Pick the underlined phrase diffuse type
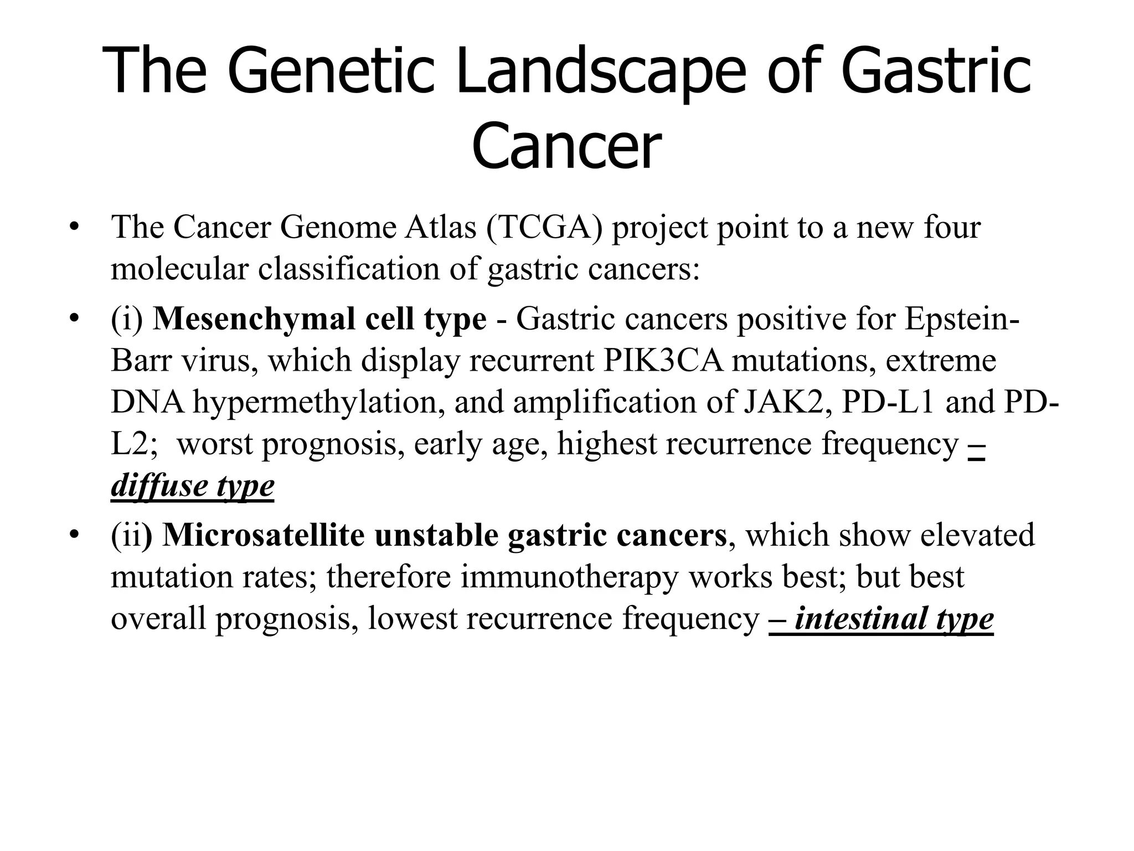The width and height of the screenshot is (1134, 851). (x=192, y=486)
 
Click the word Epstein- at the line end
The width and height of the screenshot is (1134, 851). (x=962, y=319)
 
